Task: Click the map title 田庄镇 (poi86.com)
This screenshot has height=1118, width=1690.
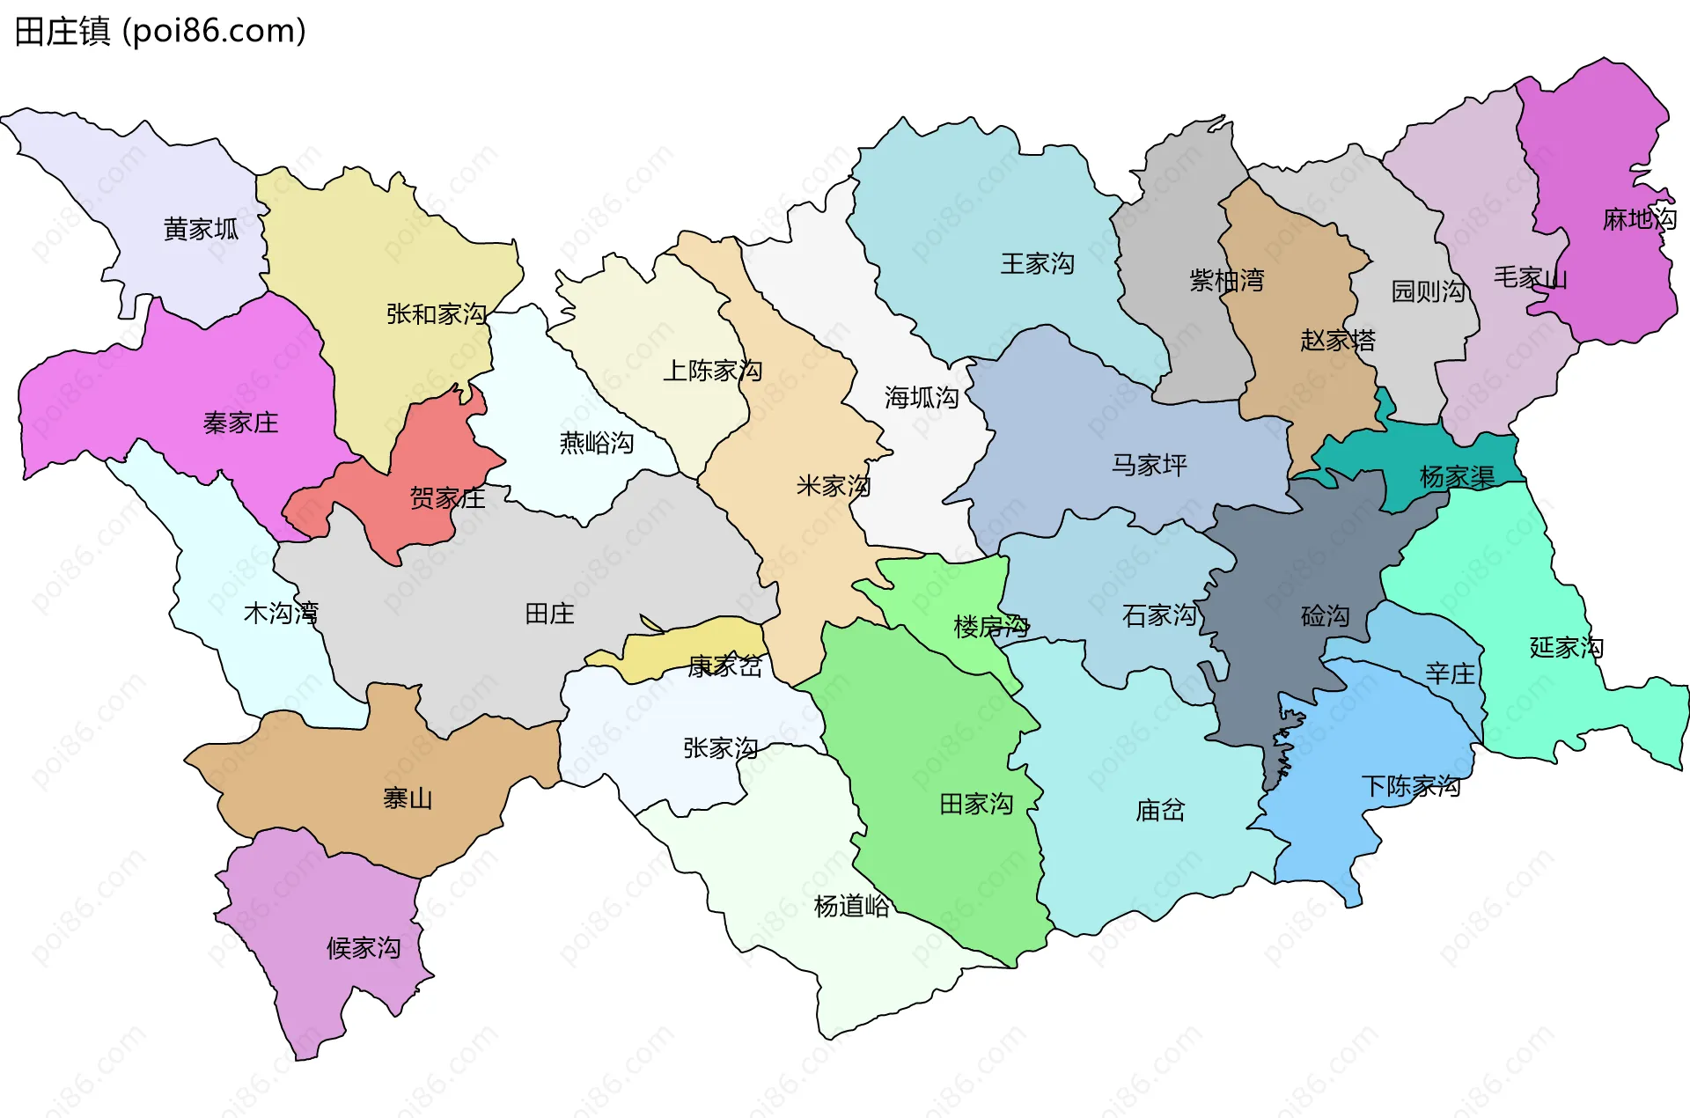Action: [x=160, y=31]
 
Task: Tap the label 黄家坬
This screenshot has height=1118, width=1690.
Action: [x=201, y=229]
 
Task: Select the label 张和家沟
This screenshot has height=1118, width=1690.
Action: [x=436, y=313]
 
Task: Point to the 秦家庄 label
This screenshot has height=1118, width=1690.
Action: [x=240, y=423]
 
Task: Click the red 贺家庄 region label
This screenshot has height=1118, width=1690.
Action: [x=447, y=498]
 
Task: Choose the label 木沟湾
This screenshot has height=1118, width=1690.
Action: [x=281, y=613]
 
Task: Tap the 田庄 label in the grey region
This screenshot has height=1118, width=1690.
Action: [x=549, y=614]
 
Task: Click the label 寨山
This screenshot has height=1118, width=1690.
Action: [x=407, y=798]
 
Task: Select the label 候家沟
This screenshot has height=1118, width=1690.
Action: [x=364, y=947]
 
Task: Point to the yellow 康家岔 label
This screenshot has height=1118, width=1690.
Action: [x=724, y=666]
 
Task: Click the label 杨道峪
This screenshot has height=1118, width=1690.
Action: [x=851, y=906]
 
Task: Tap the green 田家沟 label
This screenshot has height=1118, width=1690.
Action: [x=976, y=804]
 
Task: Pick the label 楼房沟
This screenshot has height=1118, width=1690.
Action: [x=991, y=627]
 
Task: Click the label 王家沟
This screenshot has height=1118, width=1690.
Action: [x=1037, y=263]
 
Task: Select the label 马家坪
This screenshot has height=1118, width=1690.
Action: [x=1149, y=464]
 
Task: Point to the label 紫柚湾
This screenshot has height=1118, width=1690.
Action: [x=1226, y=280]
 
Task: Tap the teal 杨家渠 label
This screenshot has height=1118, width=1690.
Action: [x=1457, y=477]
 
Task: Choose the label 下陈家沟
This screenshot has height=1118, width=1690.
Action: [x=1410, y=785]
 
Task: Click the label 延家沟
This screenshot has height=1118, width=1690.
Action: [x=1566, y=647]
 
